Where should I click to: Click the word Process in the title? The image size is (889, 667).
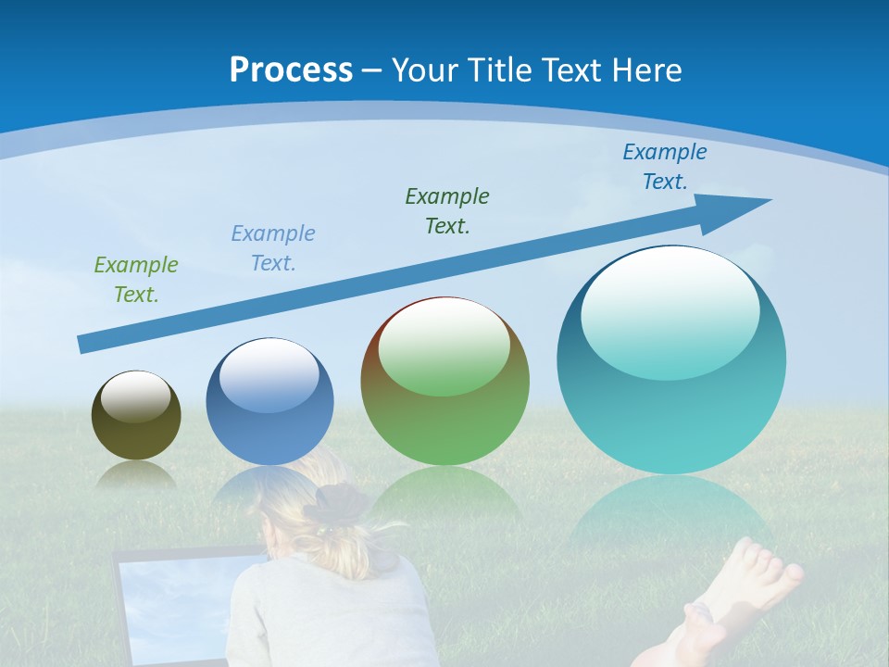(291, 70)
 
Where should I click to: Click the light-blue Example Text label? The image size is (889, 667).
(273, 248)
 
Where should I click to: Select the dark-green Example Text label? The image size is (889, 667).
(447, 211)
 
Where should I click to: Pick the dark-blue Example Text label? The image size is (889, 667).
(664, 167)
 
